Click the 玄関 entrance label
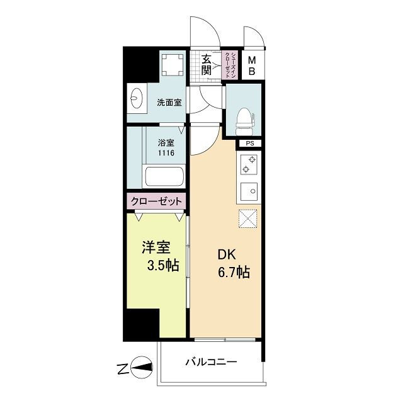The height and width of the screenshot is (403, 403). (x=207, y=64)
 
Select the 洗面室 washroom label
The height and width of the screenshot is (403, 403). (x=169, y=103)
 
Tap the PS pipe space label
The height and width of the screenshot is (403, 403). (x=249, y=144)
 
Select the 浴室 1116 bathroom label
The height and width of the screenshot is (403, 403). (x=166, y=147)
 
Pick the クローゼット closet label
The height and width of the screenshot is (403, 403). (x=156, y=201)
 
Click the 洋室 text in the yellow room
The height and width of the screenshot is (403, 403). (x=156, y=247)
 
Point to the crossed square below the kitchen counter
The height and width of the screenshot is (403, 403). (x=246, y=219)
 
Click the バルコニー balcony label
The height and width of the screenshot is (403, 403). (x=210, y=363)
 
